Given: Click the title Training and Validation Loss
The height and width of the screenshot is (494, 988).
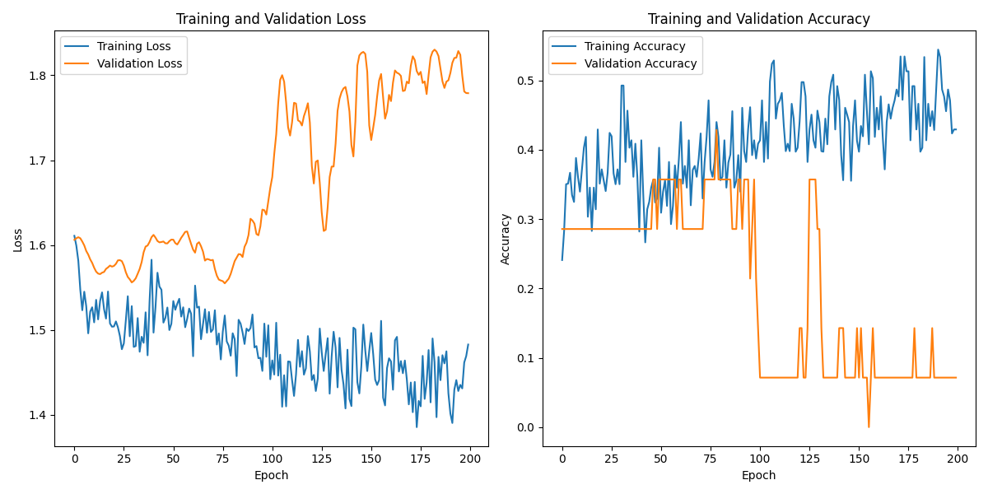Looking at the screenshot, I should pyautogui.click(x=272, y=19).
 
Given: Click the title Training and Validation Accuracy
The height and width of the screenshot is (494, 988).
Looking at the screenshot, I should pyautogui.click(x=759, y=19).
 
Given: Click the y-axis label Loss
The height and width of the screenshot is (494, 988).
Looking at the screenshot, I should pyautogui.click(x=17, y=240).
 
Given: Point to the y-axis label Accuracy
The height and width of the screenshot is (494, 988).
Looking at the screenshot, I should pyautogui.click(x=506, y=240).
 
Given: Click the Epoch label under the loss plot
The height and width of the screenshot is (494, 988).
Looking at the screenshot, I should pyautogui.click(x=272, y=475).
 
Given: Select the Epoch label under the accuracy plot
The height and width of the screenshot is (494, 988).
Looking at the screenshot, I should pyautogui.click(x=759, y=475).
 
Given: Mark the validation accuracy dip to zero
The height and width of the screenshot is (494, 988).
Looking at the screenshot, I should pyautogui.click(x=869, y=426).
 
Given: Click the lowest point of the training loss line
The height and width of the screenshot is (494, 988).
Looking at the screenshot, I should pyautogui.click(x=417, y=426).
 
